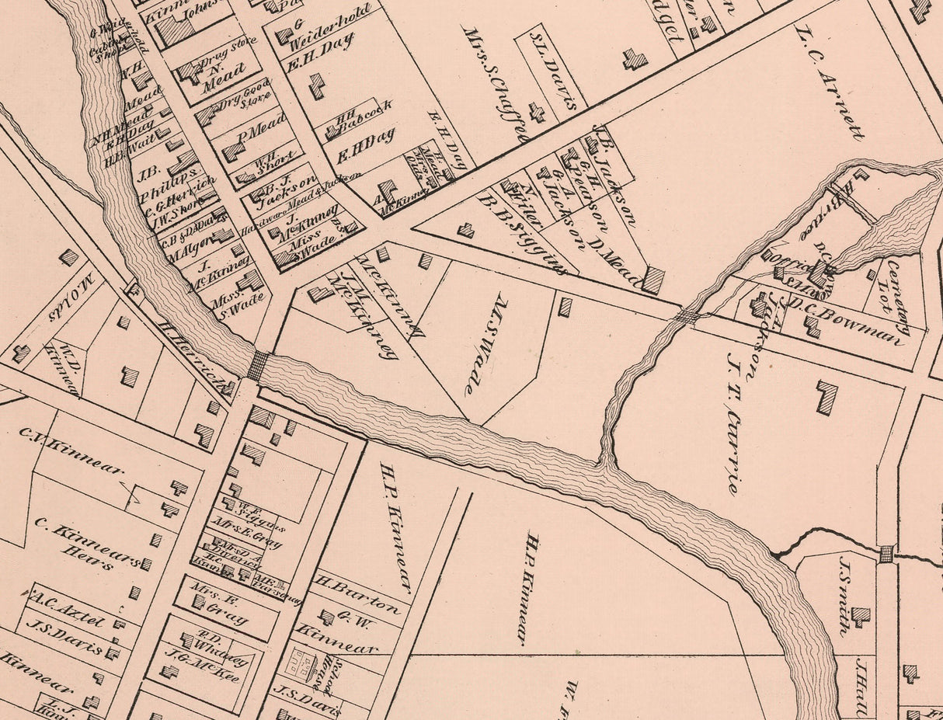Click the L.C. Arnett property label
pyautogui.click(x=830, y=82)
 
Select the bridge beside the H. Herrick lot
pyautogui.click(x=257, y=365)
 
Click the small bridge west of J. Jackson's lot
pyautogui.click(x=687, y=316)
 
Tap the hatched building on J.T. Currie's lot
pyautogui.click(x=827, y=396)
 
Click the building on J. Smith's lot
pyautogui.click(x=860, y=617)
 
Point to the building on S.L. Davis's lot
pyautogui.click(x=537, y=113)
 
